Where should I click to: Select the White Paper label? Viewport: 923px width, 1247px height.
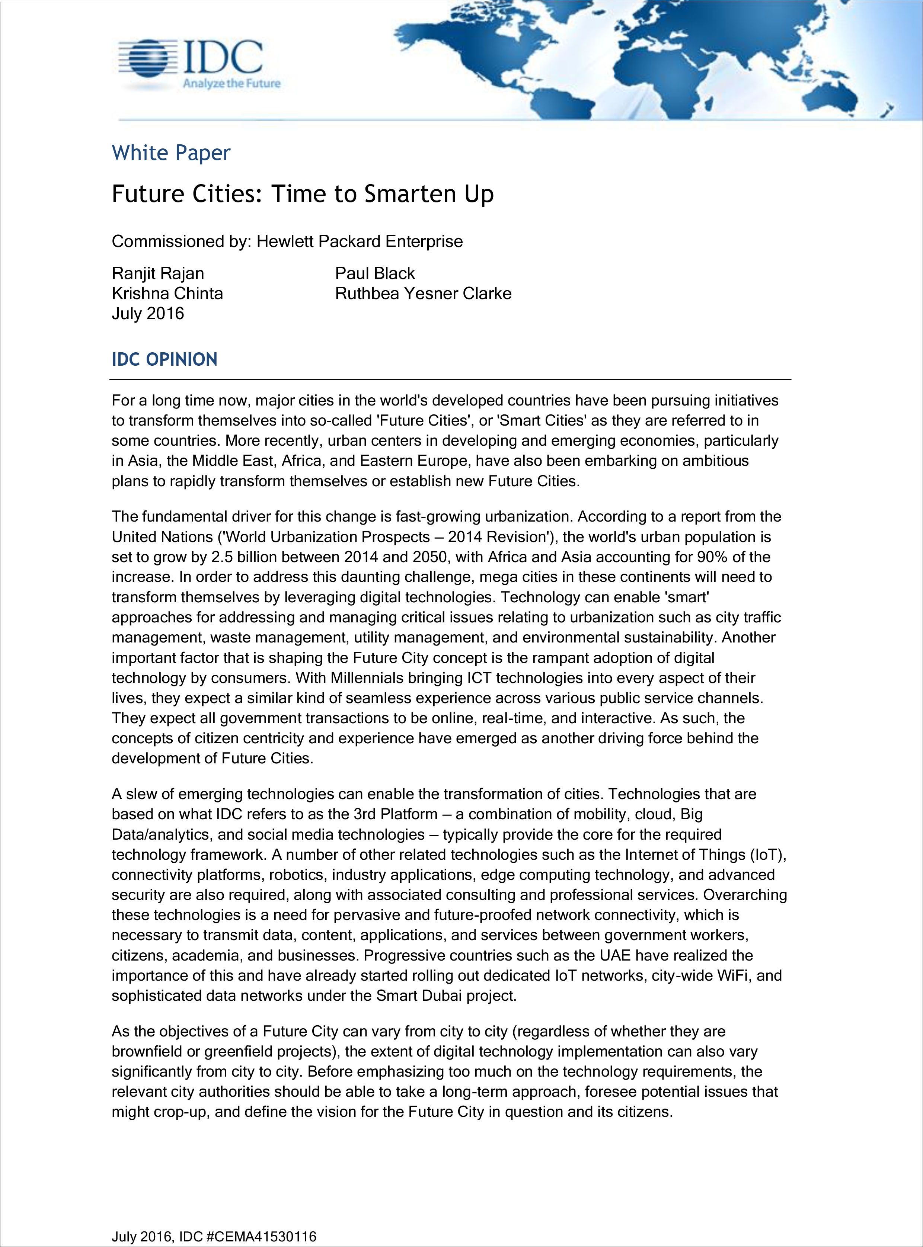171,153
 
